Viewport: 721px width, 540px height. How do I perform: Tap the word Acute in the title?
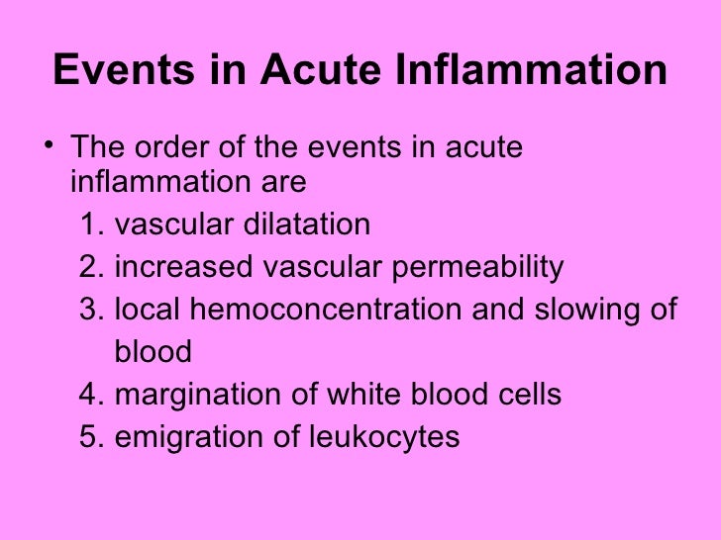point(303,71)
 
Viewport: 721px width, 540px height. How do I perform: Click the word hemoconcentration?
point(325,311)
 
